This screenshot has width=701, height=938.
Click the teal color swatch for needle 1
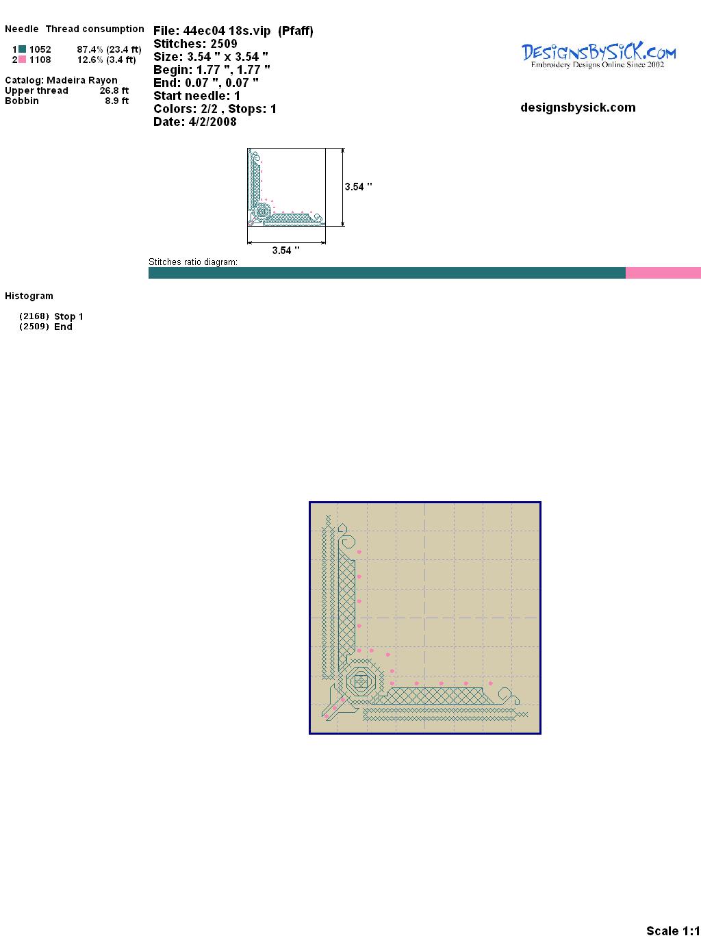(22, 49)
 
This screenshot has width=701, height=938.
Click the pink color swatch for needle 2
(22, 60)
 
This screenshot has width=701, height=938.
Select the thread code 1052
(40, 49)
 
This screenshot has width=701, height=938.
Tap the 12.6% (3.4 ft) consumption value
(106, 60)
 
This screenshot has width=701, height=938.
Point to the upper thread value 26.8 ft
(114, 90)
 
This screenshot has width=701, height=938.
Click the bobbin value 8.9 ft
(116, 101)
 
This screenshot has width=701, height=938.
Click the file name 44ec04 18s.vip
(227, 31)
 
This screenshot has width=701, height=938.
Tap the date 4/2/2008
(212, 122)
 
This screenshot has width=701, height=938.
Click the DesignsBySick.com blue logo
(598, 55)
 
